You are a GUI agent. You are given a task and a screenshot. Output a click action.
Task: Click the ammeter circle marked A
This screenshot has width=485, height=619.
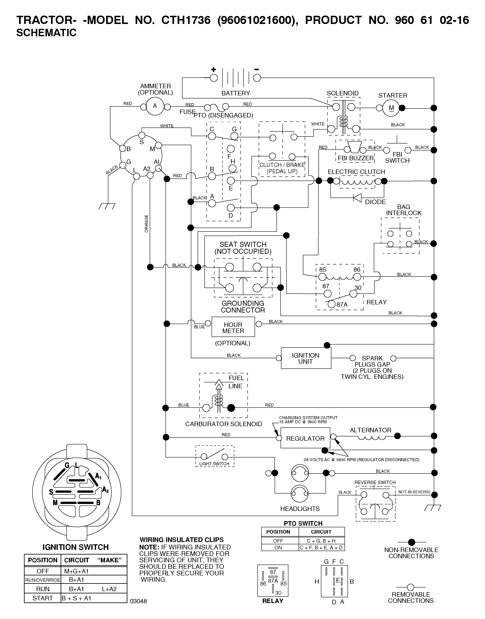(x=155, y=106)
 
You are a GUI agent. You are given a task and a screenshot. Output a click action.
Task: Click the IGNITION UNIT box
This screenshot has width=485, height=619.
(x=306, y=358)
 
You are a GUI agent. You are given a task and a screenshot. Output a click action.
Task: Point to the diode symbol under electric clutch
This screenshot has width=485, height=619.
(x=357, y=198)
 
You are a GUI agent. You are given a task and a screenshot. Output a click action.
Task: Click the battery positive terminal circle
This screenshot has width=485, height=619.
(x=214, y=78)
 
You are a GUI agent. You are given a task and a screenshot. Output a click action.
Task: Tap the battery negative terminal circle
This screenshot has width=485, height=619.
(x=257, y=78)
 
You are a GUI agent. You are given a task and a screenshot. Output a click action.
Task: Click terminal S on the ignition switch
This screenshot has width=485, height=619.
(x=142, y=135)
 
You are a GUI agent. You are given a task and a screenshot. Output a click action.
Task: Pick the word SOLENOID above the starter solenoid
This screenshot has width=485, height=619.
(x=342, y=93)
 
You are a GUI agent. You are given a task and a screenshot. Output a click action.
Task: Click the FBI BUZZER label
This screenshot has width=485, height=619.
(x=356, y=158)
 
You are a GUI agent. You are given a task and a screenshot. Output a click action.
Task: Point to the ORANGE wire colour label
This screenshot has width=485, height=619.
(x=146, y=224)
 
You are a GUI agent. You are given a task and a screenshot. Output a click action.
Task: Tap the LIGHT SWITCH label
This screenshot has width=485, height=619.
(x=214, y=464)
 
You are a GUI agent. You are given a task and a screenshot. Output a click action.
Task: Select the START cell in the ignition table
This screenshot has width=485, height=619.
(x=43, y=598)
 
